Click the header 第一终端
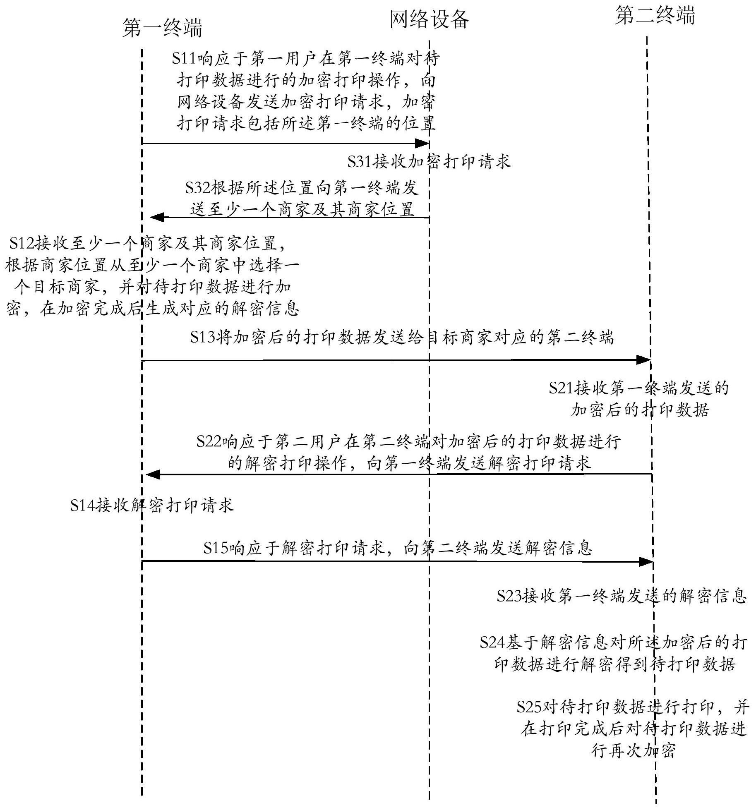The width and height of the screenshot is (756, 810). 162,28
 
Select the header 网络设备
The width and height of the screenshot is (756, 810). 430,19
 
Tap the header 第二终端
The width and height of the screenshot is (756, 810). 655,15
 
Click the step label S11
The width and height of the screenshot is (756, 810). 185,58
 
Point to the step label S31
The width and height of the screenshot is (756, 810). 360,161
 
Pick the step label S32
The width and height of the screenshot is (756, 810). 198,188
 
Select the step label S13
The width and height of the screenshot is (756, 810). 203,337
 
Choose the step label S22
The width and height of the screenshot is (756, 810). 209,441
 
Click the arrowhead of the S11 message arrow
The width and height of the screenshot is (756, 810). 422,144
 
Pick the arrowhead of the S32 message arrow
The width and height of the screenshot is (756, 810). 157,217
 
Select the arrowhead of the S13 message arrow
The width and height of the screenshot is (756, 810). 643,360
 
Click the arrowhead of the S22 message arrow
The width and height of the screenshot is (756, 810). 153,474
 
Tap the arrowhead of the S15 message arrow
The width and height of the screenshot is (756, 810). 646,562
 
